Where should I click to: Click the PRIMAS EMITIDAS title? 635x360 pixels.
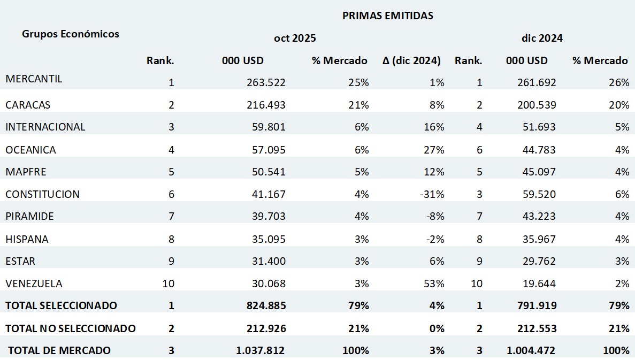tap(387, 16)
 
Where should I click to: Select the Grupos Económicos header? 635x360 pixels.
tap(71, 34)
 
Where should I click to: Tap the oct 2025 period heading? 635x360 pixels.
tap(295, 39)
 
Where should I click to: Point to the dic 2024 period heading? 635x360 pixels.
tap(542, 39)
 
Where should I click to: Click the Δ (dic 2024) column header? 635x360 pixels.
tap(411, 60)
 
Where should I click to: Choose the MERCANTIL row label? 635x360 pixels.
tap(34, 79)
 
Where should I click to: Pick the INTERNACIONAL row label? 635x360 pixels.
tap(45, 127)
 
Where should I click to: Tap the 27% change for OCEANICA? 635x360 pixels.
tap(434, 150)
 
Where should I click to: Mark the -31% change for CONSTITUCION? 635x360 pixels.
tap(433, 194)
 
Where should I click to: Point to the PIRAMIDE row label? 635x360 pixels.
tap(29, 217)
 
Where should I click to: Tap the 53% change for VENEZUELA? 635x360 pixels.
tap(434, 284)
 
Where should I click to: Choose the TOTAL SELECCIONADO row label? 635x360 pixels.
tap(61, 305)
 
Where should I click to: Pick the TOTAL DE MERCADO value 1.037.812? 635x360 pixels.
tap(260, 351)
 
